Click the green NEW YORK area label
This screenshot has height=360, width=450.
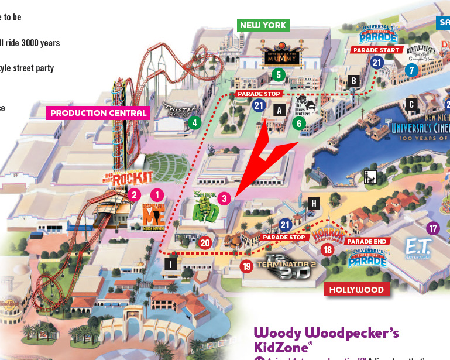pyautogui.click(x=263, y=25)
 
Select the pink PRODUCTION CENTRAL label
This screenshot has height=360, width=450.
pyautogui.click(x=98, y=112)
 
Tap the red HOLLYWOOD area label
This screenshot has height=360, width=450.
pyautogui.click(x=356, y=290)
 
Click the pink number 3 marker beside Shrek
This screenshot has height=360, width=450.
pyautogui.click(x=223, y=198)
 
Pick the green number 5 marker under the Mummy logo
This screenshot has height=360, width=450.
pyautogui.click(x=279, y=74)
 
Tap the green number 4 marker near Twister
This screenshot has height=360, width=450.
pyautogui.click(x=194, y=123)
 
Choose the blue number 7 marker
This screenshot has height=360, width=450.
pyautogui.click(x=412, y=70)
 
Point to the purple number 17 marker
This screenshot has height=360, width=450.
pyautogui.click(x=433, y=228)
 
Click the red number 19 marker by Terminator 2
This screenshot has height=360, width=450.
pyautogui.click(x=246, y=266)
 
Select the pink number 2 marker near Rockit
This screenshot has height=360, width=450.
pyautogui.click(x=135, y=195)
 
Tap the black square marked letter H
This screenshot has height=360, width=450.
pyautogui.click(x=314, y=203)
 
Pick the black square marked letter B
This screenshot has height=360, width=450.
pyautogui.click(x=353, y=80)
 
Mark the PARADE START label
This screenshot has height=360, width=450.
pyautogui.click(x=376, y=50)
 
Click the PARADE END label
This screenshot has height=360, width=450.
pyautogui.click(x=367, y=241)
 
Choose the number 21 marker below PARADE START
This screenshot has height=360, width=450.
pyautogui.click(x=377, y=63)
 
